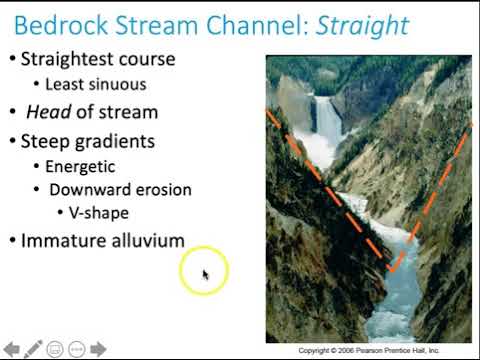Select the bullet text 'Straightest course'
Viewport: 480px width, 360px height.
[x=98, y=59]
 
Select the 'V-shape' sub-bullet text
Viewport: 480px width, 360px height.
[x=100, y=213]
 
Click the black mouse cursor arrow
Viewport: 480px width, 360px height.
[x=205, y=274]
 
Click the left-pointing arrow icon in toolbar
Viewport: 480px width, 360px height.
[x=11, y=349]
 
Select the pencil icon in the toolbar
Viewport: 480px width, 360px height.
[x=33, y=348]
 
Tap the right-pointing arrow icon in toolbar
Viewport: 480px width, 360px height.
[x=99, y=349]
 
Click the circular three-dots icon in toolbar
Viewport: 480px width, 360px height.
[x=77, y=349]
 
